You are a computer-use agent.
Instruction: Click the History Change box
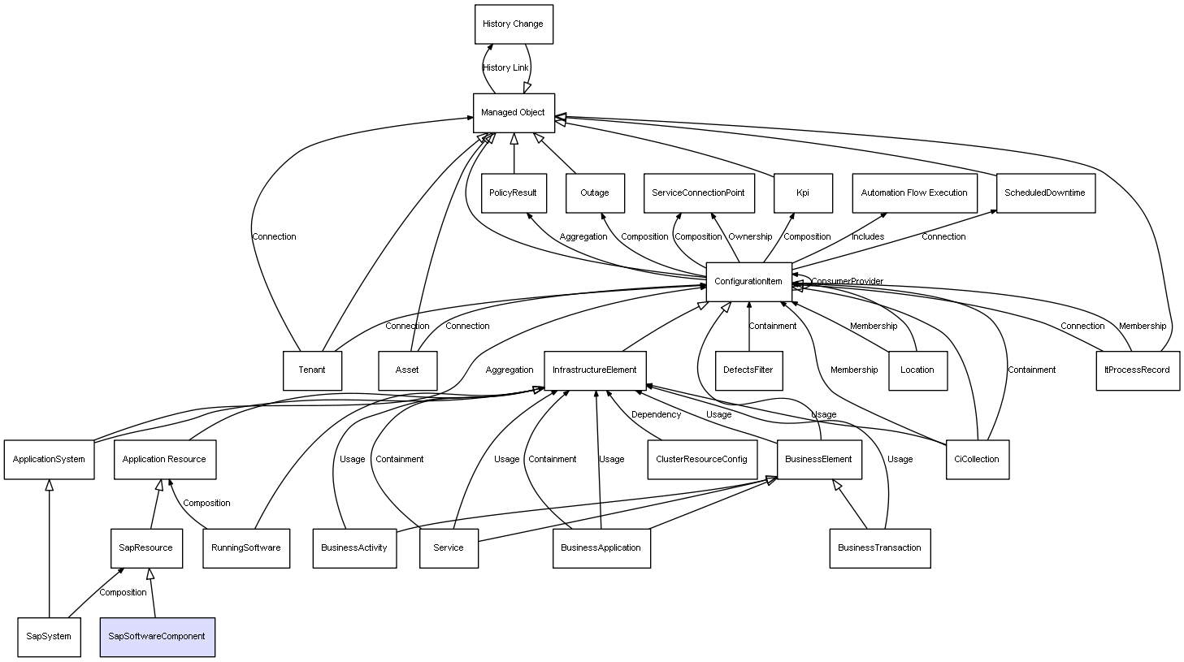(x=514, y=24)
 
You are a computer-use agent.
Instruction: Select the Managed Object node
(x=514, y=113)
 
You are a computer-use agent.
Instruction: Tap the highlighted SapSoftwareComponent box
(x=157, y=637)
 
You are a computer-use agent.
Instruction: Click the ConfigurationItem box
(x=748, y=282)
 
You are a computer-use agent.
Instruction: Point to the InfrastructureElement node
(x=595, y=370)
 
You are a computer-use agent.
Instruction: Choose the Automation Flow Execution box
(x=914, y=193)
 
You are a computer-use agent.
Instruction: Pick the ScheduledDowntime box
(x=1045, y=193)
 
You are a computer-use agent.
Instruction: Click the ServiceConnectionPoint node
(x=698, y=193)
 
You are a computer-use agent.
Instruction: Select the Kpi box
(x=803, y=193)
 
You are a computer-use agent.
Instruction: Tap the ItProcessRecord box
(x=1137, y=370)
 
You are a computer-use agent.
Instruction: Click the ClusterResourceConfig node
(x=701, y=460)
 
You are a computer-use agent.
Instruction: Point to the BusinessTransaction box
(x=879, y=548)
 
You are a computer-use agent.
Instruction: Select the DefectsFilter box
(x=748, y=370)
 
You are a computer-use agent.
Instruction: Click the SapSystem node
(x=49, y=637)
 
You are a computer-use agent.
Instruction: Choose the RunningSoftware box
(x=246, y=548)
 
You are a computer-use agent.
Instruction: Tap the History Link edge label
(x=505, y=68)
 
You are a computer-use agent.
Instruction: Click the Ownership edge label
(x=750, y=237)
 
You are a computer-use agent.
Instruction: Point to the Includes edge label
(x=868, y=237)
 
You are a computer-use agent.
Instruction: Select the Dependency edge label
(x=656, y=415)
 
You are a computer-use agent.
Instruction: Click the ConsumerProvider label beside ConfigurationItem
(x=847, y=282)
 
